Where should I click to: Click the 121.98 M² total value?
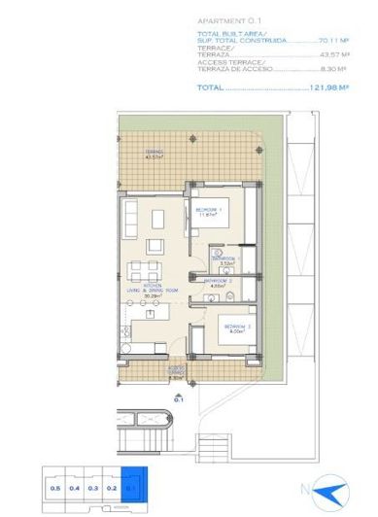[328, 86]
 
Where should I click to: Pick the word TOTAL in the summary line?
[210, 86]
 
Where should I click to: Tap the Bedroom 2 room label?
[235, 327]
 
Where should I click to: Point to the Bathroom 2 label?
[217, 282]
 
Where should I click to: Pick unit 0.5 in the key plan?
[55, 487]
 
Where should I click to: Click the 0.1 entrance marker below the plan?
[179, 397]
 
